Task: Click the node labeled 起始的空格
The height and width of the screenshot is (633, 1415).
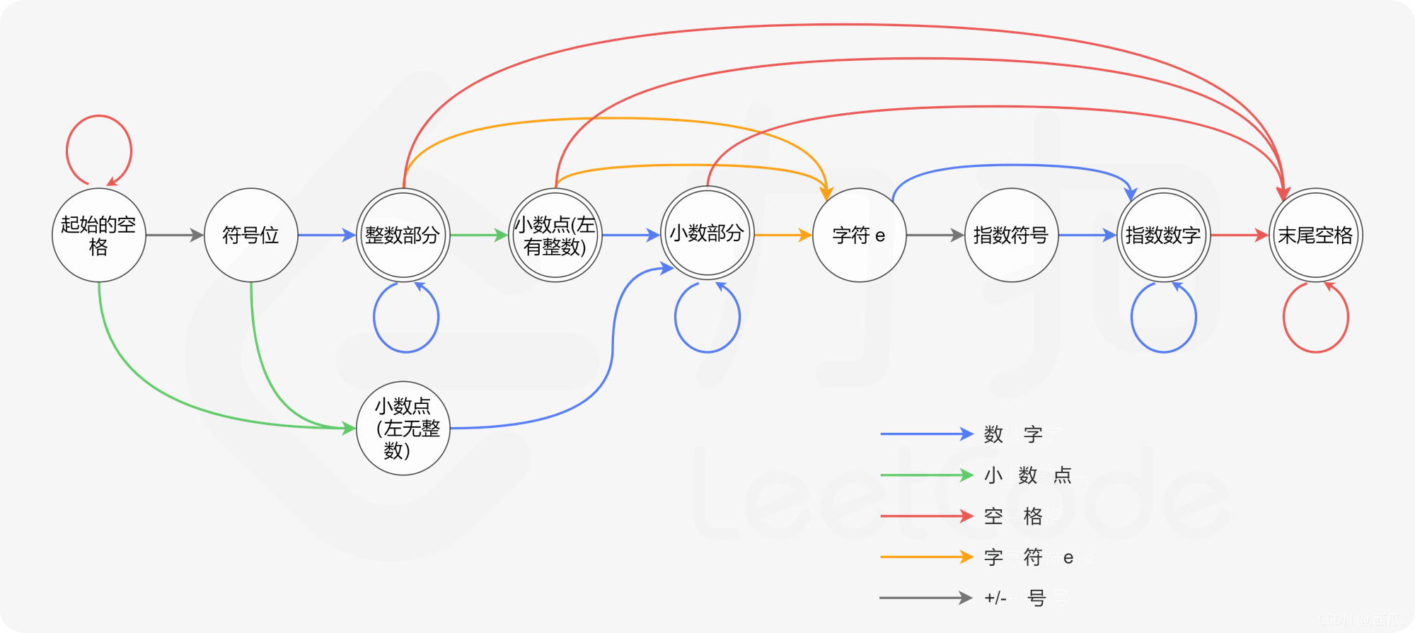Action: (x=99, y=235)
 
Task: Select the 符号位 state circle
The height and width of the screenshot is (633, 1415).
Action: (x=251, y=235)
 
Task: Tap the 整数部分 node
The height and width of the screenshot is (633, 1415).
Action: (x=403, y=235)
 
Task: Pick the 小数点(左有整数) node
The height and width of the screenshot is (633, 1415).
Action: (x=555, y=235)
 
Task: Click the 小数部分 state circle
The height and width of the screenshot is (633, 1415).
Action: (x=707, y=233)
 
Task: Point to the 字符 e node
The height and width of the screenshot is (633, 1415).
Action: (x=860, y=235)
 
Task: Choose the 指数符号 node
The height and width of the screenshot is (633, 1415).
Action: (x=1012, y=235)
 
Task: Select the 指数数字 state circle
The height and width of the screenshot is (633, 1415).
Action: (x=1164, y=235)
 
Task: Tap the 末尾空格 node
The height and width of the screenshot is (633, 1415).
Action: (x=1316, y=235)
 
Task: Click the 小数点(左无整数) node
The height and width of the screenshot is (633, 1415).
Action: (x=403, y=429)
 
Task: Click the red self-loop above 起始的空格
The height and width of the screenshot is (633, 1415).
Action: (x=99, y=117)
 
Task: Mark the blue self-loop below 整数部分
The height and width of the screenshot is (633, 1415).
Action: (x=406, y=351)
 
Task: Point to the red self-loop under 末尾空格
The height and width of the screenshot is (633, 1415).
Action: (x=1316, y=351)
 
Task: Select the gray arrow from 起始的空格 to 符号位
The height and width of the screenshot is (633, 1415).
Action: (x=174, y=235)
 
